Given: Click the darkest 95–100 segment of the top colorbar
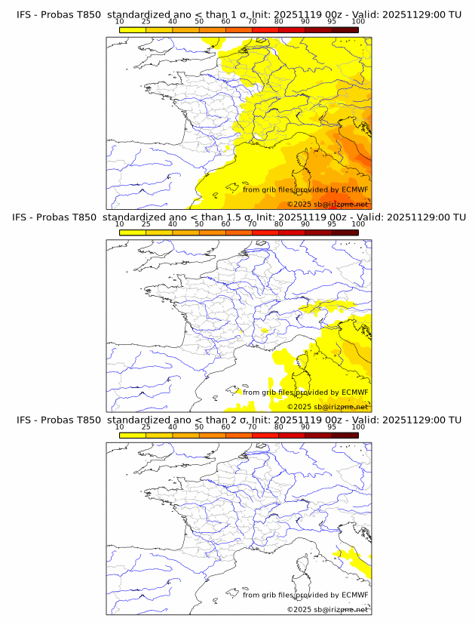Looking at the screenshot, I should (345, 29).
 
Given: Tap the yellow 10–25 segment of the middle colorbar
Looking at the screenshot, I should (133, 232).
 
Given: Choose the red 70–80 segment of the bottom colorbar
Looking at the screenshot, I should (265, 434).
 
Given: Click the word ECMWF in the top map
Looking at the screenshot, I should (354, 190).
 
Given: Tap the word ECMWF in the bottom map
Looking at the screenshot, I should (354, 595).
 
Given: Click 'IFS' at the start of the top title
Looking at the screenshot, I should (25, 14).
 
